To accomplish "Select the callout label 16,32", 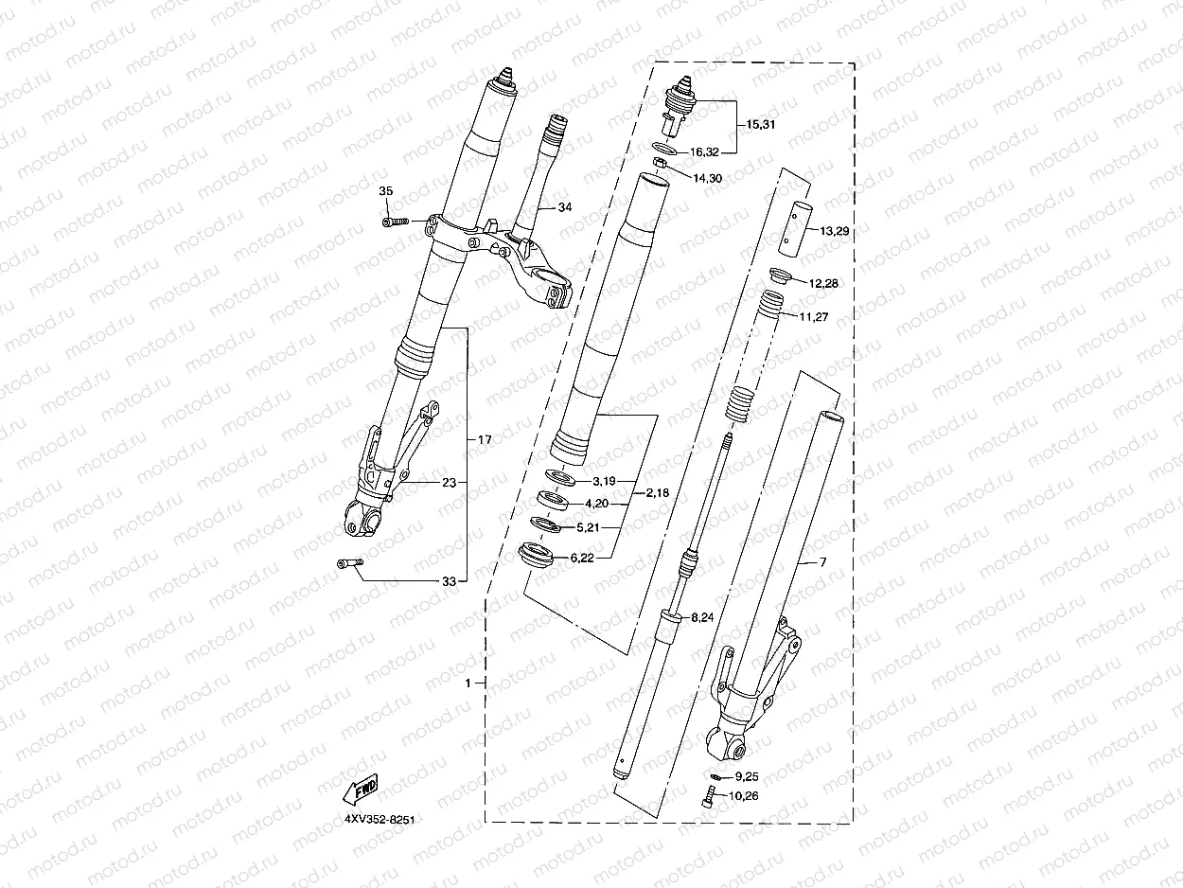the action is click(705, 151).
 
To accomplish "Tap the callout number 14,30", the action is click(708, 178).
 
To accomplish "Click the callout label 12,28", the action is click(822, 283).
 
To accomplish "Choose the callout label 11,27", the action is click(815, 317).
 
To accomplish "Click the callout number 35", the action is click(385, 191).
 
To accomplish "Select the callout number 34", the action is click(565, 206).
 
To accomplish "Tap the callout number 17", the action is click(485, 440).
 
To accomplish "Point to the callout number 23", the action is click(449, 482).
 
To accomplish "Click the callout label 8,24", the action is click(702, 617).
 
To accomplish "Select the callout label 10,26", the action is click(743, 796).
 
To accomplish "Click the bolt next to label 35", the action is click(395, 222).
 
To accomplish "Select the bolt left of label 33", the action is click(348, 564).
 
